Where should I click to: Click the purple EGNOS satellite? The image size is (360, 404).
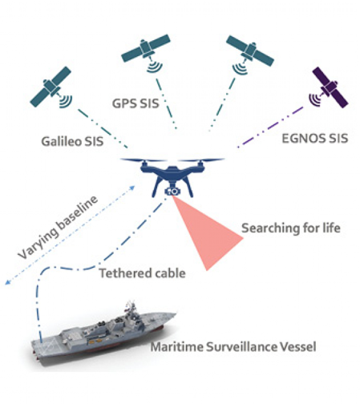coord(330,87)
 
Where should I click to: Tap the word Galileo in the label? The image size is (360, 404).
coord(62,141)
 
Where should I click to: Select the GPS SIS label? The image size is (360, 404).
coord(136,103)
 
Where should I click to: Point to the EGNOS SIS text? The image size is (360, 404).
coord(315,139)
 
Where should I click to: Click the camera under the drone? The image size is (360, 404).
coord(172,191)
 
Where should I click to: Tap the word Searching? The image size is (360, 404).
coord(270,228)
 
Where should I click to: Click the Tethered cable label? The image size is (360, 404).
coord(143,273)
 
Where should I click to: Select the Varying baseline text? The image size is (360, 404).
coord(58,227)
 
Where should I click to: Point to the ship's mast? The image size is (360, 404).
coord(131,307)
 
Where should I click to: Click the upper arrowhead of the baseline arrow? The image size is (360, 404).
coord(132,188)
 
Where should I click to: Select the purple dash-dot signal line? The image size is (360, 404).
coord(270,127)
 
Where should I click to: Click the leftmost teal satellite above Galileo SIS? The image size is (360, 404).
coord(51,87)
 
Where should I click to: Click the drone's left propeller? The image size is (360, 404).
coord(140,160)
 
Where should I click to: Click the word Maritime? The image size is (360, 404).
coord(177,347)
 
